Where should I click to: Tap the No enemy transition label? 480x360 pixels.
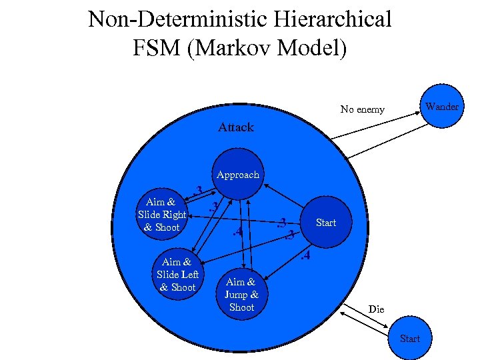coord(362,109)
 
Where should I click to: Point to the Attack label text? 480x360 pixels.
coord(236,127)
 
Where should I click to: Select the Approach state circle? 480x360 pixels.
coord(238,175)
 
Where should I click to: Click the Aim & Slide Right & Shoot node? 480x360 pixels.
coord(162,215)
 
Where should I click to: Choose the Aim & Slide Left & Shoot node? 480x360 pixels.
coord(178,275)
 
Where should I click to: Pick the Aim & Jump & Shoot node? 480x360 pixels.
coord(241,295)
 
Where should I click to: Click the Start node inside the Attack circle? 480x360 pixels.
coord(326,223)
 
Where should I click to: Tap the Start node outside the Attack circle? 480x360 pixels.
coord(410,338)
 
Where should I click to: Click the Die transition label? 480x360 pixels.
coord(377,309)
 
